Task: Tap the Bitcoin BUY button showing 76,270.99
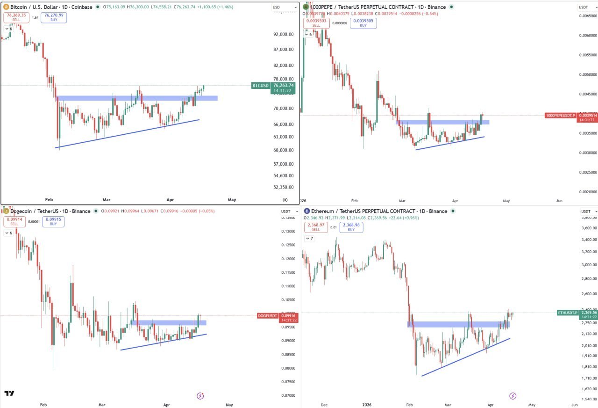[53, 18]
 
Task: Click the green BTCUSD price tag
[260, 86]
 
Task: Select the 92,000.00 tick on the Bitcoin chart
[283, 35]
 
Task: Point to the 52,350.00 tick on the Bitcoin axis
[283, 187]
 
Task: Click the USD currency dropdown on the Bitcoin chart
[285, 7]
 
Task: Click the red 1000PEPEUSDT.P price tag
[561, 115]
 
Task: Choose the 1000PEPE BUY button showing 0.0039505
[363, 23]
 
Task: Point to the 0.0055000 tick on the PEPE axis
[587, 55]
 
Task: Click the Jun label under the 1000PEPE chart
[559, 200]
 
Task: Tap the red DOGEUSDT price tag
[268, 316]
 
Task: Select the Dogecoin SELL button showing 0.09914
[14, 221]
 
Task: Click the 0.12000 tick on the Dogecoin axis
[288, 259]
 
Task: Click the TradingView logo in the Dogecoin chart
[9, 393]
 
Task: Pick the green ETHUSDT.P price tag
[568, 313]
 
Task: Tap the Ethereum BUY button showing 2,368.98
[351, 227]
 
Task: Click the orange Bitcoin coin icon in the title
[6, 7]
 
